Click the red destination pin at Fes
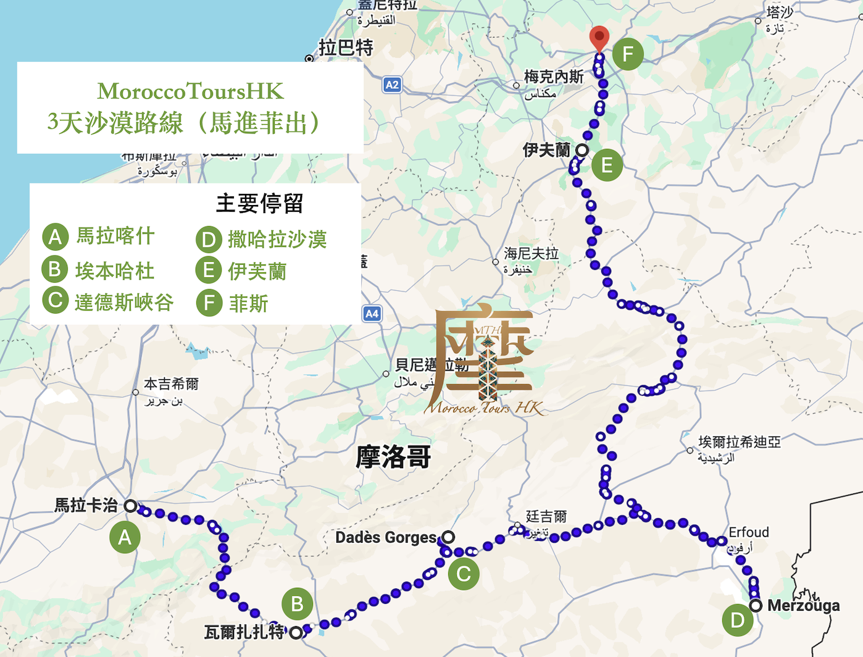[599, 38]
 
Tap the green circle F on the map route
[628, 54]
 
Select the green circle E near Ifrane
[607, 165]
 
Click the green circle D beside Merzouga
[738, 620]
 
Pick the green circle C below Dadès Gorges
[464, 574]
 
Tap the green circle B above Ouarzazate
[297, 604]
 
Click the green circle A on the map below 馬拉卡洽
[125, 537]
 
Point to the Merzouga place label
[803, 606]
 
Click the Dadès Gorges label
[386, 538]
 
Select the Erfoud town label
[749, 532]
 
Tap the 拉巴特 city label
[346, 48]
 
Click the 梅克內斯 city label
[553, 77]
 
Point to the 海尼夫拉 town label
[531, 254]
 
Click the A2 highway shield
[392, 85]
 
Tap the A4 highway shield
[372, 314]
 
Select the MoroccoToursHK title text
[190, 91]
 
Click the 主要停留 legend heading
[259, 203]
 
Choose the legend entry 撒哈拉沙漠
[277, 239]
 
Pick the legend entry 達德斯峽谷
[123, 303]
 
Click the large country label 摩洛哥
[393, 458]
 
